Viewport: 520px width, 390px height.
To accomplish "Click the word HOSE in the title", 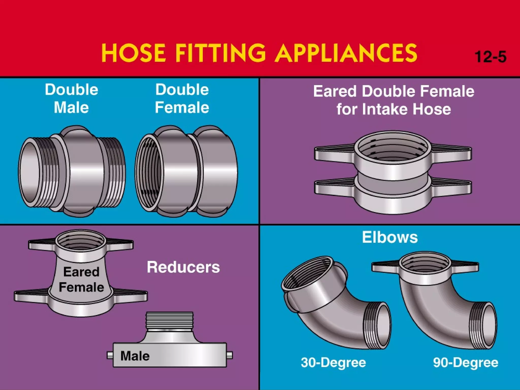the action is (x=134, y=53).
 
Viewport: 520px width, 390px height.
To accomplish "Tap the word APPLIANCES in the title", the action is (x=347, y=53).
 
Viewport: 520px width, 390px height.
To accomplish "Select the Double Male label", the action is (x=72, y=99).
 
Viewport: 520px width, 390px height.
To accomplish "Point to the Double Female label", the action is (x=182, y=99).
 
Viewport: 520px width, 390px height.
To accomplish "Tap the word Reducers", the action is (x=183, y=267).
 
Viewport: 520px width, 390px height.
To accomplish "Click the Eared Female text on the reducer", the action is (x=81, y=280).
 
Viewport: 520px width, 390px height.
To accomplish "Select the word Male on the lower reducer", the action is (x=135, y=356).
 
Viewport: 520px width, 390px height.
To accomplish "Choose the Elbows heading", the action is (x=390, y=237).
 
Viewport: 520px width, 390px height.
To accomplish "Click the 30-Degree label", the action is (x=333, y=363).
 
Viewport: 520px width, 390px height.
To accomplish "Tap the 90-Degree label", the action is (x=466, y=363).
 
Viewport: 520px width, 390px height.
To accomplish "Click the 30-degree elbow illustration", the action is (x=335, y=305).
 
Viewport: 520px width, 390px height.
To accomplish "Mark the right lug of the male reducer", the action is (x=229, y=355).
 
